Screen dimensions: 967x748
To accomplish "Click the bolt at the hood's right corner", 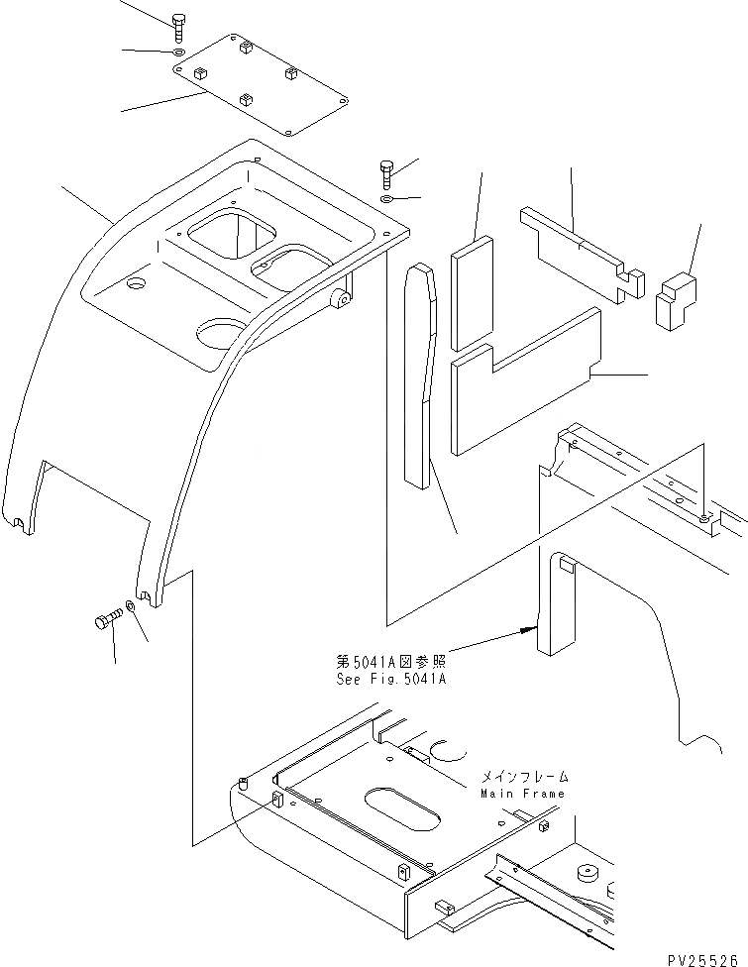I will pyautogui.click(x=386, y=172).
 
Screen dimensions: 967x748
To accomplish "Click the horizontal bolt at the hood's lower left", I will pyautogui.click(x=106, y=621).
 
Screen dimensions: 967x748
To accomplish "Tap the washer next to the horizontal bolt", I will pyautogui.click(x=131, y=606).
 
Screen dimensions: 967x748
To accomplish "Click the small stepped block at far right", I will pyautogui.click(x=676, y=298).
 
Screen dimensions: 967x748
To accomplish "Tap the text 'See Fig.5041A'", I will pyautogui.click(x=390, y=680).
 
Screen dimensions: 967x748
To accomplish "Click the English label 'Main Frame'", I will pyautogui.click(x=522, y=794).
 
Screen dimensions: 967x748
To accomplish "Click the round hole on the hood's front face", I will pyautogui.click(x=220, y=333).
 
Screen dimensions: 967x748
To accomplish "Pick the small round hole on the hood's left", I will pyautogui.click(x=136, y=283).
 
